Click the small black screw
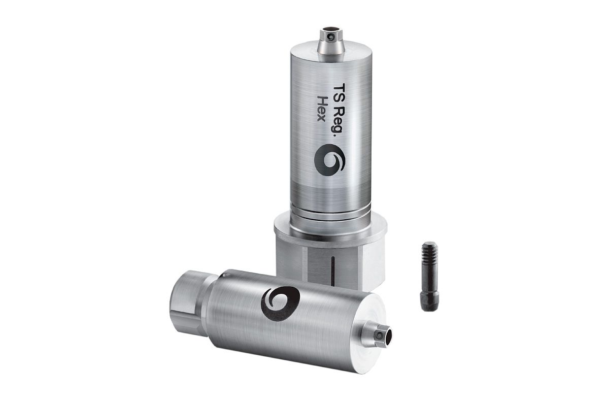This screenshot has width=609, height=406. tap(429, 276)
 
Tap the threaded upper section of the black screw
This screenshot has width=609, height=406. tap(430, 256)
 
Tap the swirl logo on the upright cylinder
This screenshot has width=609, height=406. tap(329, 160)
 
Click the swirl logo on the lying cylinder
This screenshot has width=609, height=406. tap(280, 303)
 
